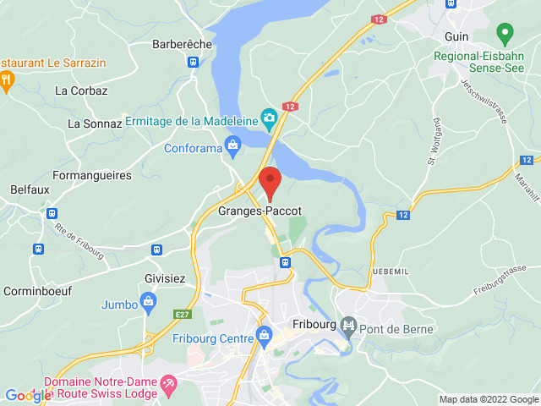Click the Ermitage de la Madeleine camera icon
(x=270, y=118)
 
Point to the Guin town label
(x=456, y=36)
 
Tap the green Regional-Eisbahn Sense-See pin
(x=505, y=35)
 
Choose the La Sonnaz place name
(x=95, y=123)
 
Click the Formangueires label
(x=91, y=174)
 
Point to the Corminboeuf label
(x=36, y=290)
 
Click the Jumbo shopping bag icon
(x=149, y=301)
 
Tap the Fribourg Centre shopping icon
(x=265, y=334)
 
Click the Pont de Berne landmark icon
(x=347, y=325)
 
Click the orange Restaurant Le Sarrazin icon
(x=8, y=80)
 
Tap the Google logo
(x=28, y=396)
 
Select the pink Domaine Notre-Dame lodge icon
(x=168, y=382)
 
